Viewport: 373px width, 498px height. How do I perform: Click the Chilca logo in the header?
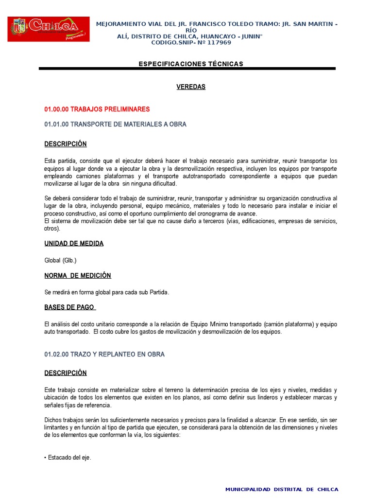pos(49,29)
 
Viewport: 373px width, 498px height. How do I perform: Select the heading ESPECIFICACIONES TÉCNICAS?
pos(191,64)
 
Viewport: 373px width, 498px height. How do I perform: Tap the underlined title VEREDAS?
pos(191,87)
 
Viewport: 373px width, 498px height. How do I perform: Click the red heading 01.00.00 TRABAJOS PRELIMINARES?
pos(97,109)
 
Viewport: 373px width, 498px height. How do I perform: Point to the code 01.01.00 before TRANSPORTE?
pos(56,124)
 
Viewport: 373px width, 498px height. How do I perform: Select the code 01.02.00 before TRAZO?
pos(56,354)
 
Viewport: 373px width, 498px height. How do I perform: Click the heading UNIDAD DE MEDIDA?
pos(74,243)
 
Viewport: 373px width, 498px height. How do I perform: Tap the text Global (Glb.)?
pos(61,260)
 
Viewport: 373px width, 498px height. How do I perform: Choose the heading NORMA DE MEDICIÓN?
pos(78,275)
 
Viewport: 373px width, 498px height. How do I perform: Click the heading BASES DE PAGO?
pos(70,307)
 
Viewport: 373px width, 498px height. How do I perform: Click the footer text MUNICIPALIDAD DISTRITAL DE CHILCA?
pos(282,489)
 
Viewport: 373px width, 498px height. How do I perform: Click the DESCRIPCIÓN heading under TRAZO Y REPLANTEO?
pos(66,373)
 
